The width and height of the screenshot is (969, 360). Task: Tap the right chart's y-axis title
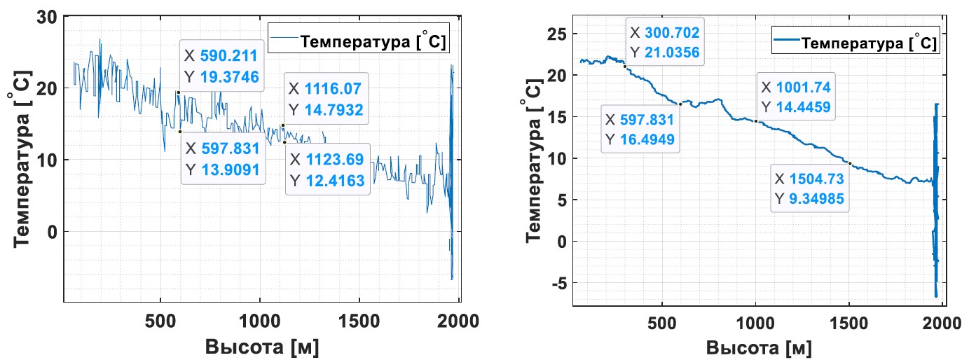click(x=533, y=170)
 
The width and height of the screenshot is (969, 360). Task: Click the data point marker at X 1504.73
click(x=849, y=163)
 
